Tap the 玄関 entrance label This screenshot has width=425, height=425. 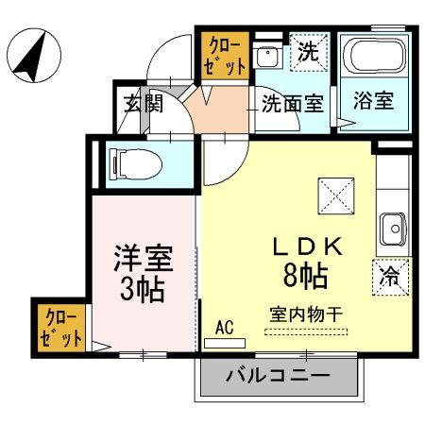click(143, 103)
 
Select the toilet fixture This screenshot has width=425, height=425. click(134, 163)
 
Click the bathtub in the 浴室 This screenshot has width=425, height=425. click(372, 59)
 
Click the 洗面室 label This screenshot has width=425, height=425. click(293, 103)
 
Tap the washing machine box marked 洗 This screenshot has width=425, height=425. click(308, 52)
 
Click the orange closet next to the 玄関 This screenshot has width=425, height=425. click(226, 55)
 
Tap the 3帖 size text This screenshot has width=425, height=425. click(141, 286)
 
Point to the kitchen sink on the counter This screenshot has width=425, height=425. click(392, 227)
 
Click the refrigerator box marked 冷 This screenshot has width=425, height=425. click(388, 276)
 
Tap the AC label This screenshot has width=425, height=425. click(224, 326)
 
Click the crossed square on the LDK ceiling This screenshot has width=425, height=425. click(337, 195)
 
